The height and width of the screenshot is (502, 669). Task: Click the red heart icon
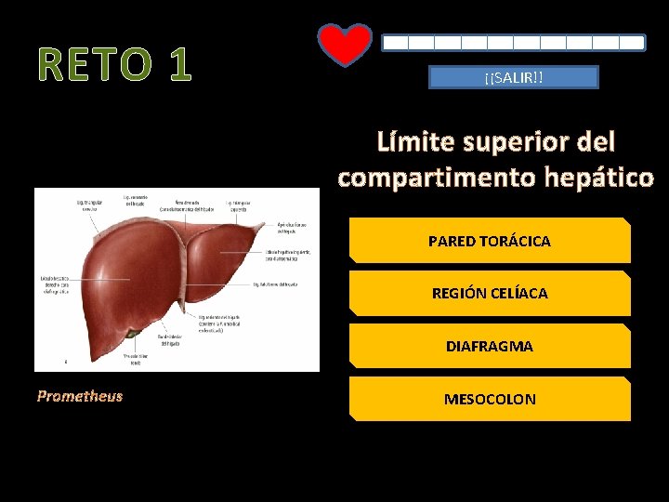coord(345,45)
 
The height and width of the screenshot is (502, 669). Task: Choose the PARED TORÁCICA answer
coord(490,241)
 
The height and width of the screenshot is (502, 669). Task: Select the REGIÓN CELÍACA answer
coord(490,294)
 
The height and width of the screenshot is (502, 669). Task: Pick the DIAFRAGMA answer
coord(490,346)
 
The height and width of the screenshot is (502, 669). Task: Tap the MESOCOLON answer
coord(490,399)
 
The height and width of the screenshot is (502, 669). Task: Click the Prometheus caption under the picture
coord(80,396)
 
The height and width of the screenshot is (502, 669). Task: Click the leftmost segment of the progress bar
coord(395,43)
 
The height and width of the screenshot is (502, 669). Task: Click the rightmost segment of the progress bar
coord(633,43)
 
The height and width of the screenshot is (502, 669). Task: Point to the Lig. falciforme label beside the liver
coord(280,284)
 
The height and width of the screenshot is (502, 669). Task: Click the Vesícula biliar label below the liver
coord(136,359)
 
